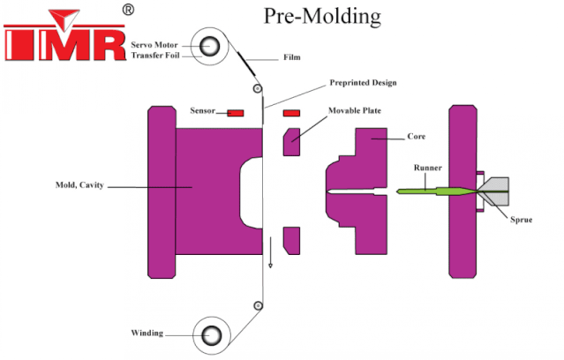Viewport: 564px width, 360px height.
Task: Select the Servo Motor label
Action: tap(155, 43)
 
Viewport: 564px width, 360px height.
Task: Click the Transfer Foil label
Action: tap(155, 55)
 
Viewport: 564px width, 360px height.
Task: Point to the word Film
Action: tap(292, 59)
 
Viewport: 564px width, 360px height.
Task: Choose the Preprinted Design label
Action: tap(363, 82)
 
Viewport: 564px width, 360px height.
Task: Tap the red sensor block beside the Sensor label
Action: tap(235, 113)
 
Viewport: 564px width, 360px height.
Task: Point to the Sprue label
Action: tap(521, 218)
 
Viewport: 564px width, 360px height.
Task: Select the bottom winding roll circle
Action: tap(213, 335)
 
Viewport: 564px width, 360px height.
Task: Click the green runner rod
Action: tap(432, 190)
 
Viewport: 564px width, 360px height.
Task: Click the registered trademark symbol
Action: tap(128, 9)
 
